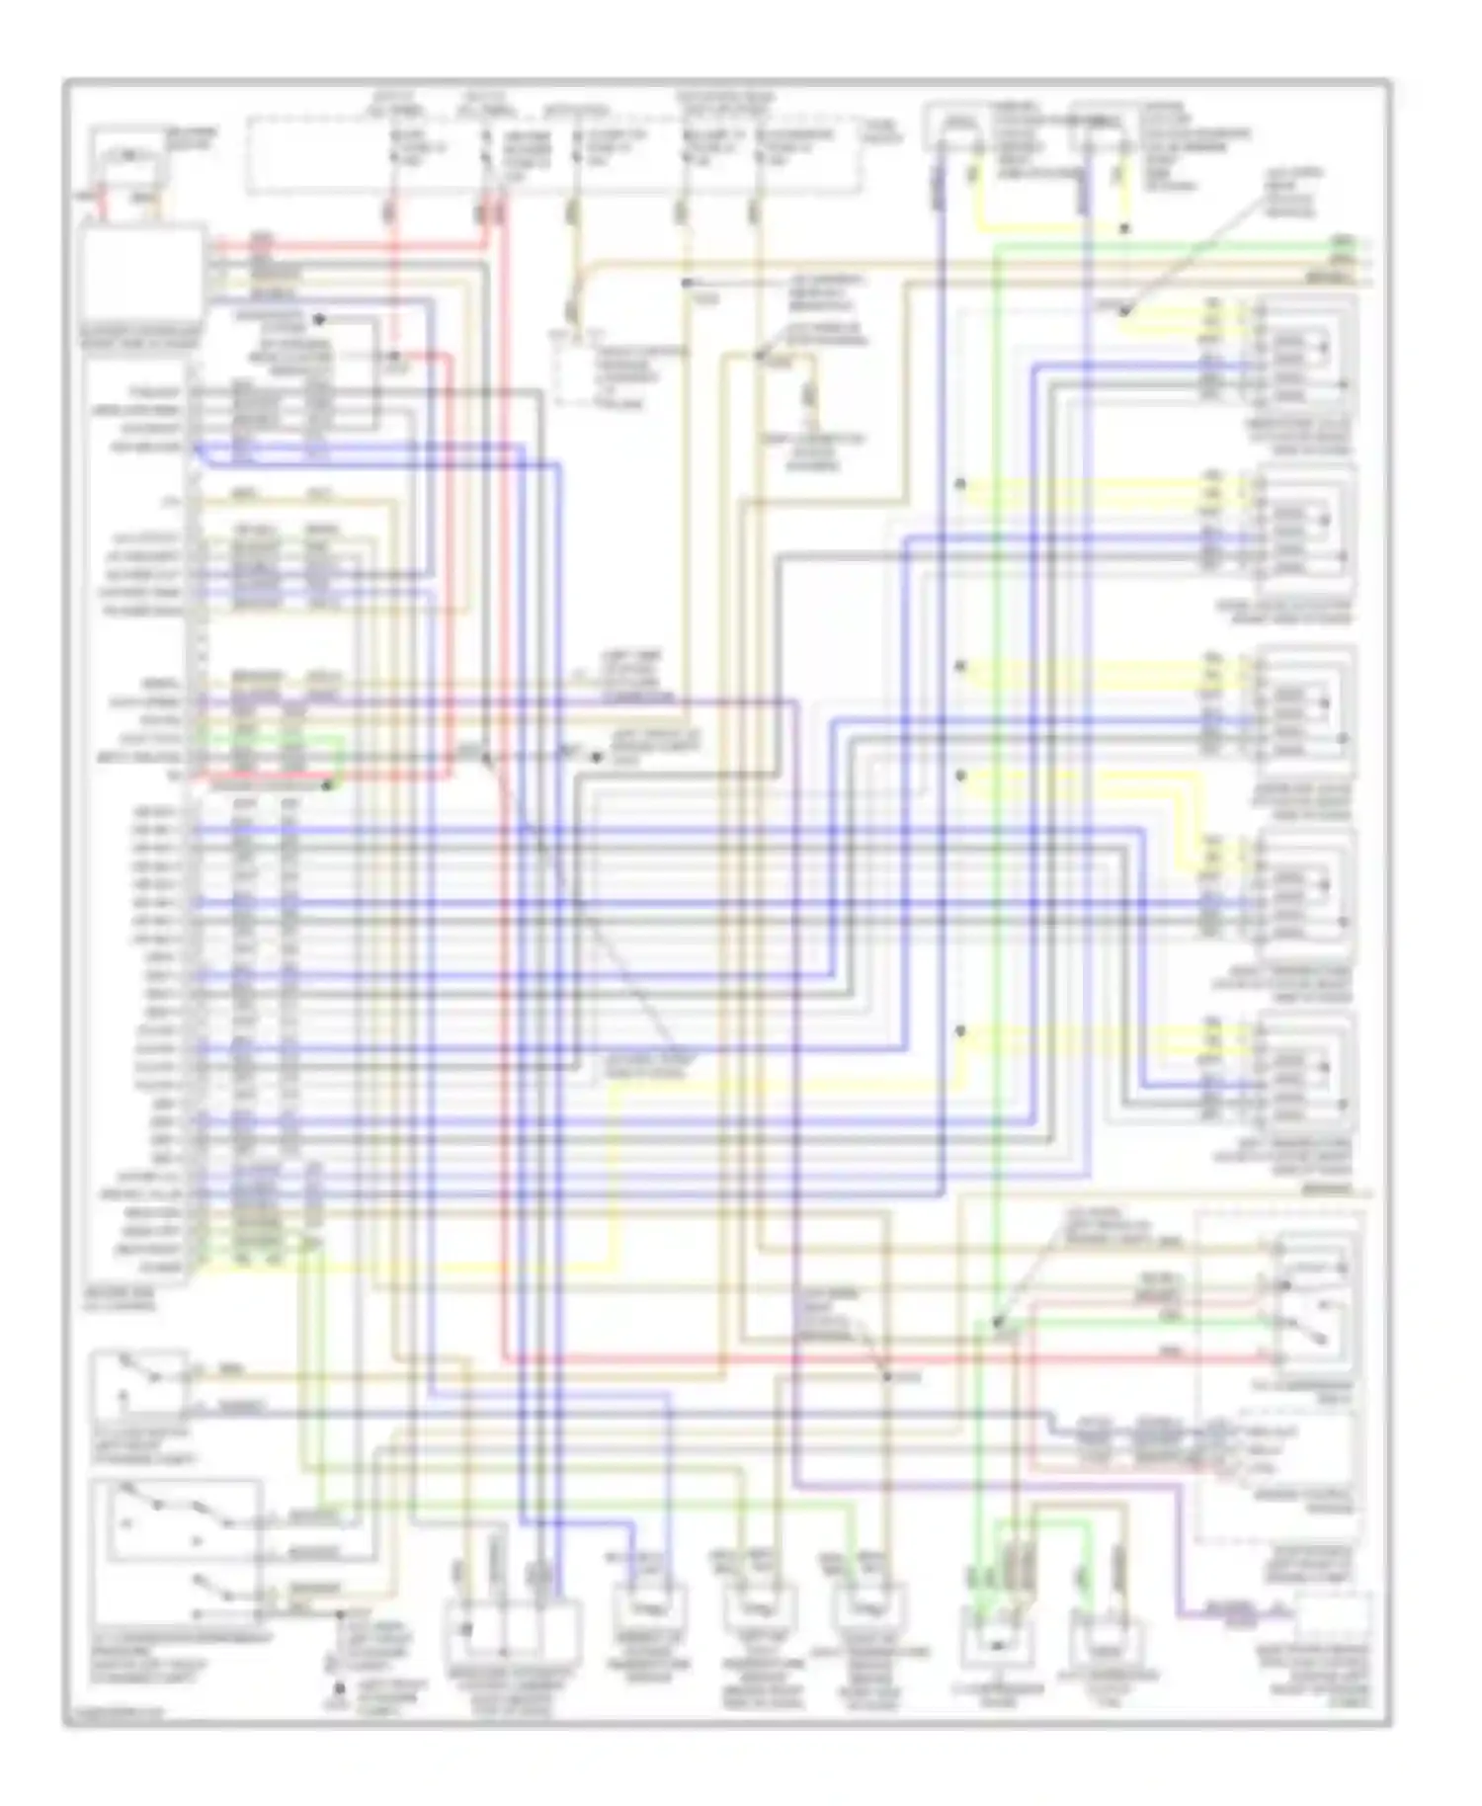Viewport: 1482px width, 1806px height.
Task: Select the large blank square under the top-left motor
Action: (x=144, y=276)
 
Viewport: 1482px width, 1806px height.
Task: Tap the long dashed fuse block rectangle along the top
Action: (x=553, y=155)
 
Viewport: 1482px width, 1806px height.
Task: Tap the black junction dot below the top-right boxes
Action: (x=1124, y=229)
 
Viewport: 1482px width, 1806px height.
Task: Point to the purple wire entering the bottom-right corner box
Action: (x=1235, y=1614)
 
